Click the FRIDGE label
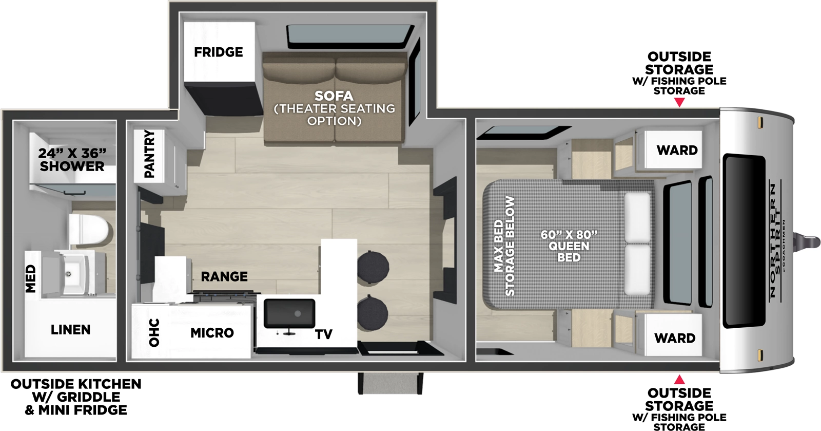click(218, 52)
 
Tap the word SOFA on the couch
click(334, 96)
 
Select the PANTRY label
click(149, 154)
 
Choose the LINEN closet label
click(70, 330)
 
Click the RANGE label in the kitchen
click(224, 277)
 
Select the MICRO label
click(212, 333)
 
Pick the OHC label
click(154, 332)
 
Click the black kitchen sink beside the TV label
click(289, 313)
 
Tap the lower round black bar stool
click(373, 311)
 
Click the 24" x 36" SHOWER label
click(72, 160)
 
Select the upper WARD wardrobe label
click(677, 151)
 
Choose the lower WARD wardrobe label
click(675, 339)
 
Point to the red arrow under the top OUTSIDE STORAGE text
click(679, 102)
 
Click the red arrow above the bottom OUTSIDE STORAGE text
click(679, 380)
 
